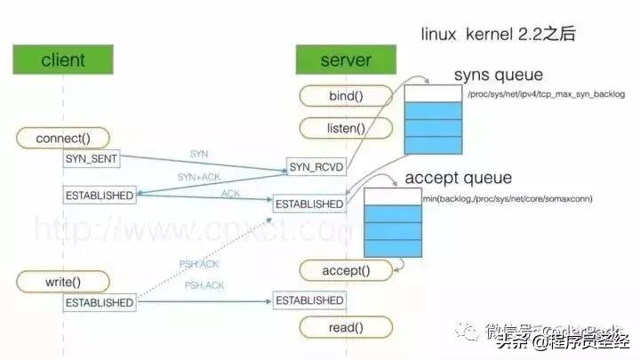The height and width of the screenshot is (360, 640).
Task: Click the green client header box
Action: pos(63,60)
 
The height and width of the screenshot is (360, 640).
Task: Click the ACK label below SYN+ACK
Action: pos(230,193)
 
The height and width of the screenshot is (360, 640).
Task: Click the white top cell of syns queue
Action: pos(433,93)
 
